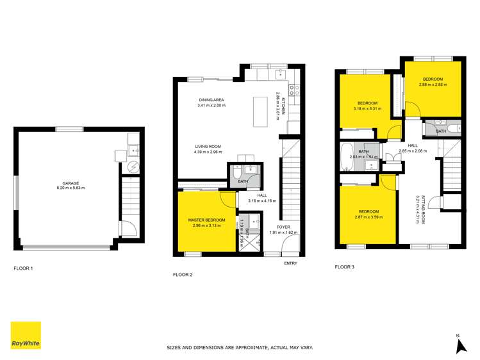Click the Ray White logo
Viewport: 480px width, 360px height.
tap(26, 335)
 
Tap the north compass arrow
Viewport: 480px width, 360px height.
tap(459, 346)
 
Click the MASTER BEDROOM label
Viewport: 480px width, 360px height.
tap(204, 220)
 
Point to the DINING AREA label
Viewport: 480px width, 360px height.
tap(211, 100)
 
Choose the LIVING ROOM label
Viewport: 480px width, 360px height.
tap(208, 147)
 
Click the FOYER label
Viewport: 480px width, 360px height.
tap(284, 226)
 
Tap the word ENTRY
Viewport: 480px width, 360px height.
tap(290, 263)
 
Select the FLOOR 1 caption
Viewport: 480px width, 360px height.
tap(23, 268)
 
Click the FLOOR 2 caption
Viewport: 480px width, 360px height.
tap(183, 274)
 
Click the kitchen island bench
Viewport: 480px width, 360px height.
tap(260, 113)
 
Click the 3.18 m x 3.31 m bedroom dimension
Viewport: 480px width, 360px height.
tap(367, 108)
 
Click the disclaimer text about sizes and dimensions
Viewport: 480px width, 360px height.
tap(240, 348)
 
